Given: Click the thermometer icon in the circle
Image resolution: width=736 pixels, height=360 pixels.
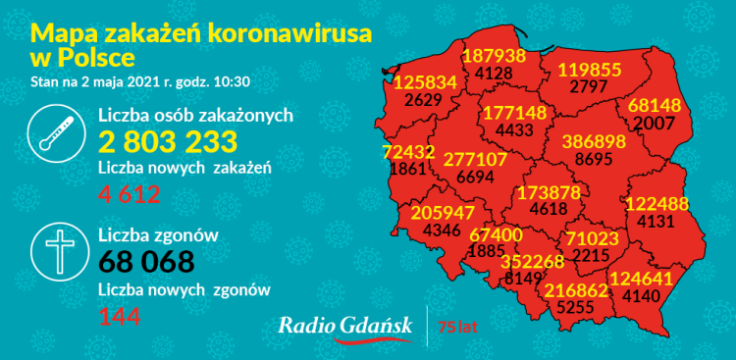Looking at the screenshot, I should click(x=58, y=139).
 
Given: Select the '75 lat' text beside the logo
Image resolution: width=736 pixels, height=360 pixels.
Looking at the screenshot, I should click(x=458, y=326).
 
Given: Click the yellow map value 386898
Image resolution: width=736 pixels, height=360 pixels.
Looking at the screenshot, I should click(x=593, y=141).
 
